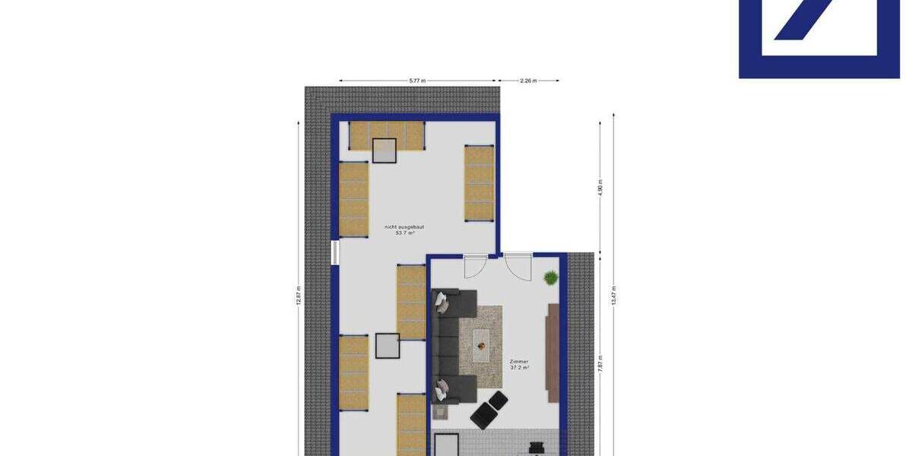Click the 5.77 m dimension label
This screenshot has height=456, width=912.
pyautogui.click(x=417, y=80)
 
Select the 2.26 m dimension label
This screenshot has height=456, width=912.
pyautogui.click(x=528, y=80)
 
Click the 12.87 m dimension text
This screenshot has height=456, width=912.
pyautogui.click(x=299, y=294)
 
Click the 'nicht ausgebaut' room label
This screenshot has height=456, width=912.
pyautogui.click(x=405, y=227)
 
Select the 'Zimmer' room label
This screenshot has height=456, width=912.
pyautogui.click(x=519, y=362)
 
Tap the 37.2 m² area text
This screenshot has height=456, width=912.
pyautogui.click(x=519, y=368)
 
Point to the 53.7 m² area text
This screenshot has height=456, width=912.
pyautogui.click(x=405, y=233)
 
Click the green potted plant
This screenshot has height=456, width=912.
pyautogui.click(x=549, y=278)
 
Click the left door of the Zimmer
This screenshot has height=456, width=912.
pyautogui.click(x=474, y=267)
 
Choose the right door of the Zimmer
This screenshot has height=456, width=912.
pyautogui.click(x=518, y=267)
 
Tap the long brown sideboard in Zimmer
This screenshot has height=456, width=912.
pyautogui.click(x=553, y=352)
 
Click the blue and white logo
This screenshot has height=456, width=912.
pyautogui.click(x=819, y=38)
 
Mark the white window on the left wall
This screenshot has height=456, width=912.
pyautogui.click(x=334, y=253)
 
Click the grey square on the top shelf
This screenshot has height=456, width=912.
pyautogui.click(x=385, y=150)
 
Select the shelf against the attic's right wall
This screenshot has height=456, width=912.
pyautogui.click(x=479, y=183)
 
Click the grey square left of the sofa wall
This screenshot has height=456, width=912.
pyautogui.click(x=388, y=346)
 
